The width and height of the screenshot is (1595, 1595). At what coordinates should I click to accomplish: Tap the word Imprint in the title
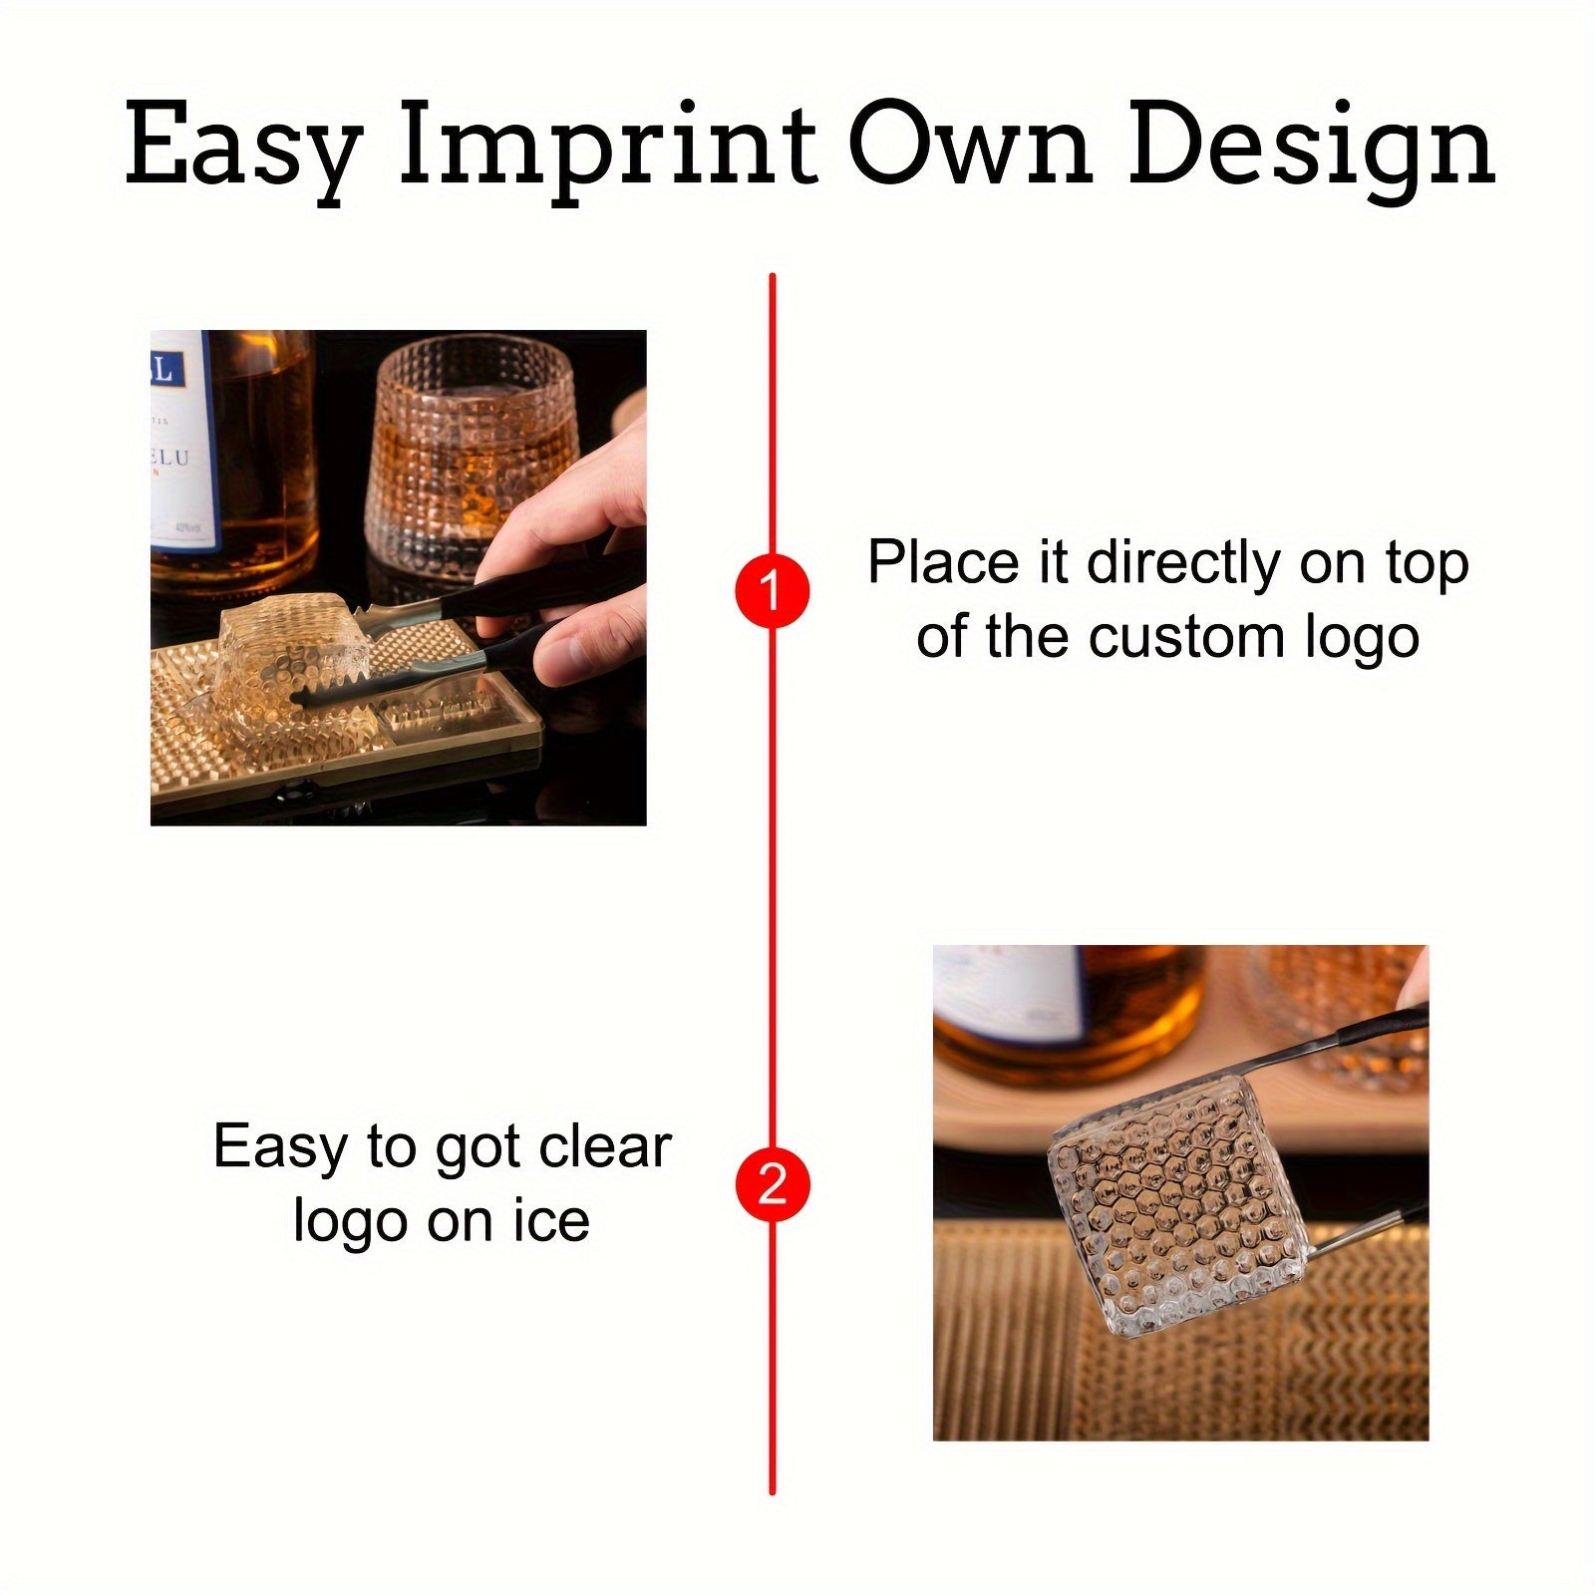click(x=607, y=146)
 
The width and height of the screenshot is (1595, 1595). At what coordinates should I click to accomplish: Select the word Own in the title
click(x=971, y=146)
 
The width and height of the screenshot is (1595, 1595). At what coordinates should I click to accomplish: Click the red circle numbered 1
click(x=772, y=590)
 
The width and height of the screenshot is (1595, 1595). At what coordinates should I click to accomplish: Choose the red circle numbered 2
click(x=772, y=1185)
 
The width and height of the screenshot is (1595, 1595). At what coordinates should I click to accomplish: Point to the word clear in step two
click(x=604, y=1147)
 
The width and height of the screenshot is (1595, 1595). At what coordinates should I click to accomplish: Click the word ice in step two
click(x=551, y=1222)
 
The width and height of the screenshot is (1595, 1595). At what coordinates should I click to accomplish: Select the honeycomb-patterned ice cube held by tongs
click(x=1176, y=1201)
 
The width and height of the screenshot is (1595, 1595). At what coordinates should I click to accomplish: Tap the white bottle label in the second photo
click(x=1007, y=992)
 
